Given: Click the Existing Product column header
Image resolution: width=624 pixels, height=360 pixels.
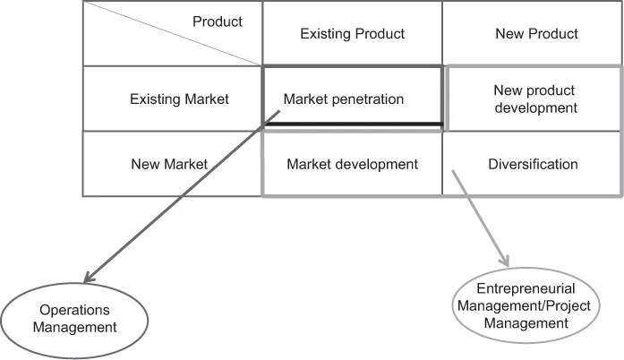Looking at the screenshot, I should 352,34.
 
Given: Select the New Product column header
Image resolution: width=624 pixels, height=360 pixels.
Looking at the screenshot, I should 536,34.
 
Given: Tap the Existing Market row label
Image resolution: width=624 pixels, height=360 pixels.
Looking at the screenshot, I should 179,99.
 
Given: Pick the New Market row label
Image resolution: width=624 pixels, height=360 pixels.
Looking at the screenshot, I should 168,164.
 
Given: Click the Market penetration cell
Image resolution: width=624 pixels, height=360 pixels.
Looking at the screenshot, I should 343,99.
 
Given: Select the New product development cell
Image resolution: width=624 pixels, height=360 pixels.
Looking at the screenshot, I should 535,99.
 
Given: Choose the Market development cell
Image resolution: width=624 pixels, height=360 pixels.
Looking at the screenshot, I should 352,164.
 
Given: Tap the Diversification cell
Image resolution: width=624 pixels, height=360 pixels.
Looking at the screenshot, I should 533,164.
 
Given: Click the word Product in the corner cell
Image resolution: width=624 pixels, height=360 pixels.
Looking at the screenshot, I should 218,21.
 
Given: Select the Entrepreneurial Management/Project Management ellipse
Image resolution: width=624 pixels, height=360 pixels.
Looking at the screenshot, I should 525,304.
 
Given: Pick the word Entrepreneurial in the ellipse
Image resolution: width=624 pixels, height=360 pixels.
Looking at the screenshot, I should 525,288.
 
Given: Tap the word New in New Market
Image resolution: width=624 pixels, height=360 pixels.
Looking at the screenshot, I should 145,164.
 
